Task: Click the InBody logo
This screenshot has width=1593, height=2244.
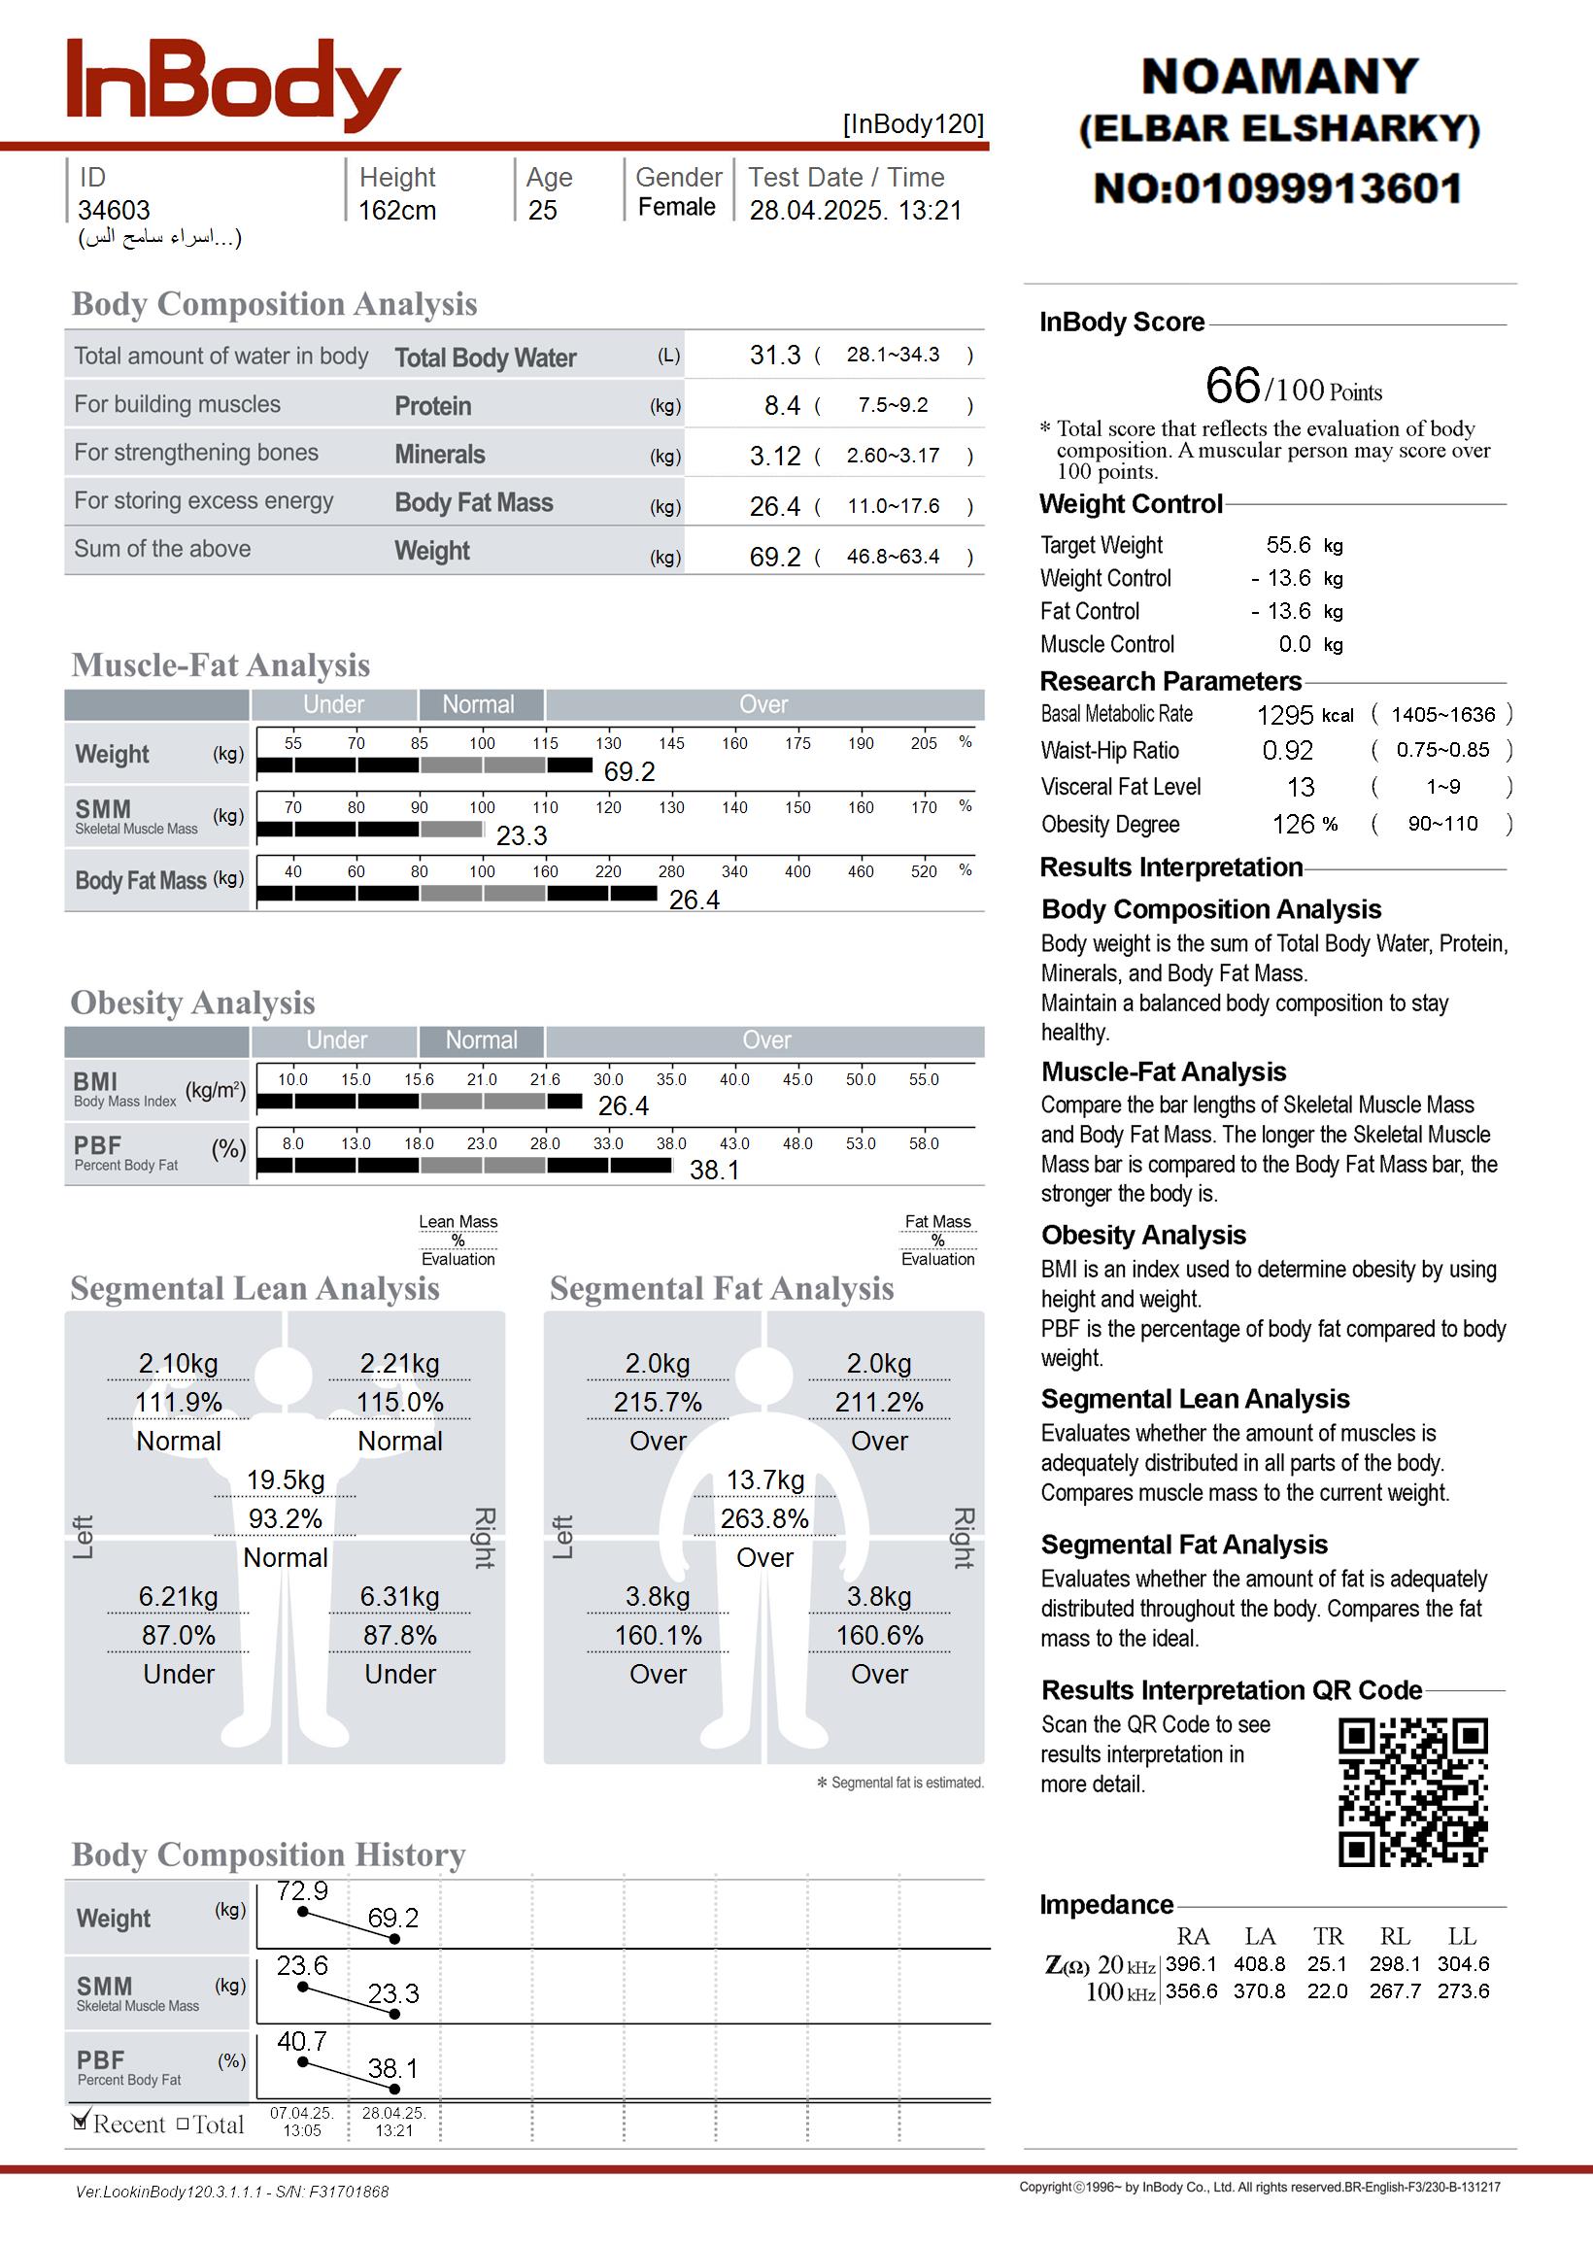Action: point(232,85)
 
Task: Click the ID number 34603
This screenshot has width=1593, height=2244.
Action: point(114,210)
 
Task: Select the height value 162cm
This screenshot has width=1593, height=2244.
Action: point(396,210)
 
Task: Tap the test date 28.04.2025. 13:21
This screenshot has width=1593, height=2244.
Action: point(856,210)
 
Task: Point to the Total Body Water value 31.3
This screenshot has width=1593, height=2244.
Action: point(775,355)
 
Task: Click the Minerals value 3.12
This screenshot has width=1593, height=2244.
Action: point(775,456)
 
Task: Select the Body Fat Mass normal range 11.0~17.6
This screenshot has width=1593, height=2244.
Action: point(893,506)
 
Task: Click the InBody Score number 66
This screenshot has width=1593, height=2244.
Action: point(1232,386)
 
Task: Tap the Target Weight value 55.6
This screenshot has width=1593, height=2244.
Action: point(1288,545)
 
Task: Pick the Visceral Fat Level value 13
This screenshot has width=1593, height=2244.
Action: point(1301,788)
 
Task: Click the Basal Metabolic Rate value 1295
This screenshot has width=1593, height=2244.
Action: point(1285,715)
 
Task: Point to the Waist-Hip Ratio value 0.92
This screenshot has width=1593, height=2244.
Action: point(1287,751)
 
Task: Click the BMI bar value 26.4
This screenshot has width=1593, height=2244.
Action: point(623,1106)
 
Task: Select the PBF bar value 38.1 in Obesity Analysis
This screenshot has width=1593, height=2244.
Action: point(714,1170)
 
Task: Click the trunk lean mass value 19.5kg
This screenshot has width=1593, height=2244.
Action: point(286,1480)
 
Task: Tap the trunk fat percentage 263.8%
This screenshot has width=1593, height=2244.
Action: point(764,1519)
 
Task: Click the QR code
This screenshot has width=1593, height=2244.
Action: point(1412,1792)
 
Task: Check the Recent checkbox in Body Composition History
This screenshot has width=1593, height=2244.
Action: point(82,2124)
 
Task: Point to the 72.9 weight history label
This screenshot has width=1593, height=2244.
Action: point(302,1891)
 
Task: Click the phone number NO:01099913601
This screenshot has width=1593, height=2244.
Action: point(1278,188)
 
